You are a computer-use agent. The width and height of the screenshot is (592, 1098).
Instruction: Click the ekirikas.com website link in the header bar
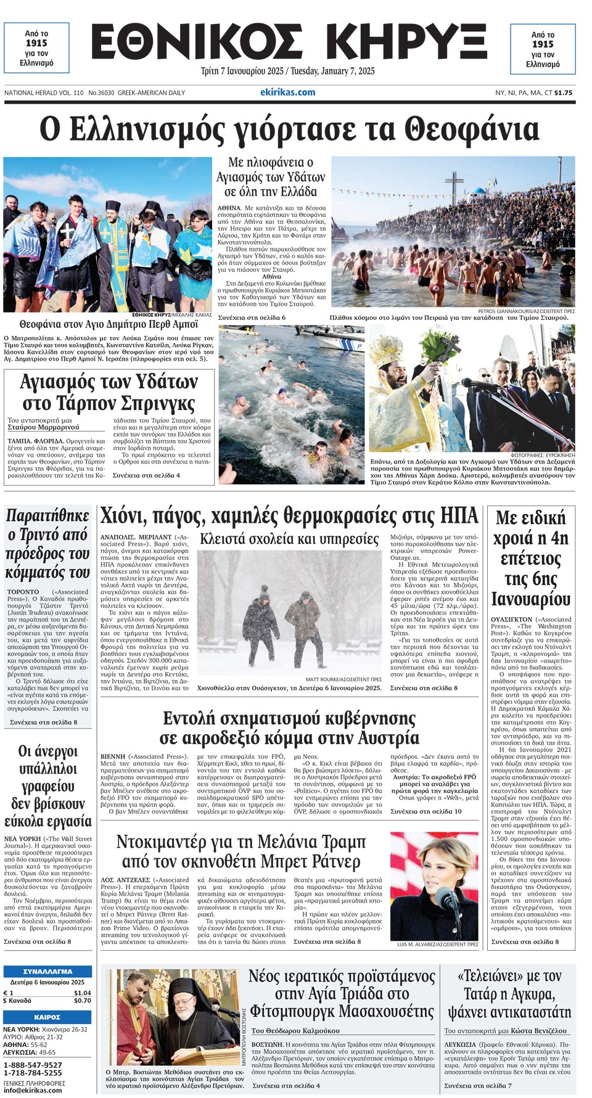tap(287, 92)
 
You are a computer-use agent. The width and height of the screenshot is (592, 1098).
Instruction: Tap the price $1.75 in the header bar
tap(563, 93)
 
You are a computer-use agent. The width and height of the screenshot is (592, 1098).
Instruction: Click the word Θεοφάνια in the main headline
tap(472, 130)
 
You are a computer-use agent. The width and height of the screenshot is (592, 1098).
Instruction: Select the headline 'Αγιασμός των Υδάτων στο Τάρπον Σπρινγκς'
tap(109, 393)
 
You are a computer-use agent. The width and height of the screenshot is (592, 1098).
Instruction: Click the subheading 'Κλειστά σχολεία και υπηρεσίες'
tap(289, 539)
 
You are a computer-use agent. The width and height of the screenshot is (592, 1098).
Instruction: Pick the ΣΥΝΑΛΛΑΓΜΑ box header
tap(47, 972)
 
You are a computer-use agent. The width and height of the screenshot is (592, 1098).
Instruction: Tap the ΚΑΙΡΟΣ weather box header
tap(47, 1017)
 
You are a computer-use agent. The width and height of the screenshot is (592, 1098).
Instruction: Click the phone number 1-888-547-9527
tap(33, 1065)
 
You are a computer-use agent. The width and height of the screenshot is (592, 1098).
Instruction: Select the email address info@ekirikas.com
tap(33, 1090)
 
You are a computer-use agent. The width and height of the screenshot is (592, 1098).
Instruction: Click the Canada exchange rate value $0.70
tap(82, 1001)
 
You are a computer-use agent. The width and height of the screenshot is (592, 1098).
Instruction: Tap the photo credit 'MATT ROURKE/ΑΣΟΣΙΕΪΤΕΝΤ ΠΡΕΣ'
tap(343, 679)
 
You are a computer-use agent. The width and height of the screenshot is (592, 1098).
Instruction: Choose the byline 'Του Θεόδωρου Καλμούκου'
tap(295, 1030)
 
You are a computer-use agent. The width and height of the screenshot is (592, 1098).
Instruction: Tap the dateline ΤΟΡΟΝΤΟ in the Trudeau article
tap(23, 592)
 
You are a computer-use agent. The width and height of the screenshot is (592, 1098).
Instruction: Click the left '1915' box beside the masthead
tap(36, 48)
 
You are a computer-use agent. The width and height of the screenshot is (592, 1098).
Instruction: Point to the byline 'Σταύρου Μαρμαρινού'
tap(43, 427)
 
